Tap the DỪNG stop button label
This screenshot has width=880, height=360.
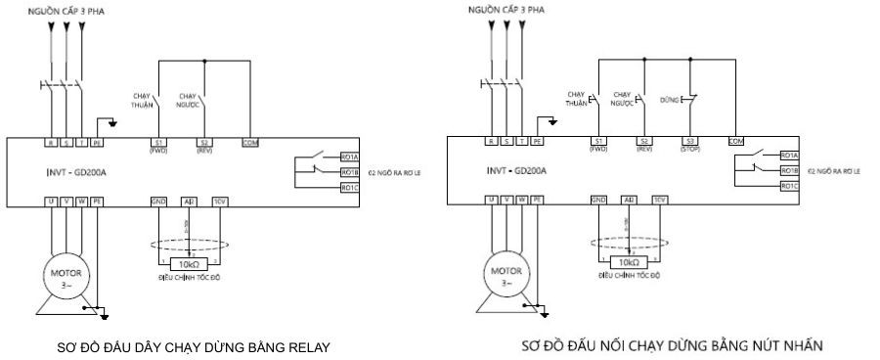click(669, 99)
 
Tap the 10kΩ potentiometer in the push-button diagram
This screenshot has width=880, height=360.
click(627, 263)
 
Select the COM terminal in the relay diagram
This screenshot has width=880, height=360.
click(250, 142)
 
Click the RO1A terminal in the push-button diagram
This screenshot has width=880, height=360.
click(789, 156)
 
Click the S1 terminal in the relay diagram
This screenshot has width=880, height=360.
click(158, 142)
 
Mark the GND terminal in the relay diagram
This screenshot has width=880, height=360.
click(158, 200)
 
